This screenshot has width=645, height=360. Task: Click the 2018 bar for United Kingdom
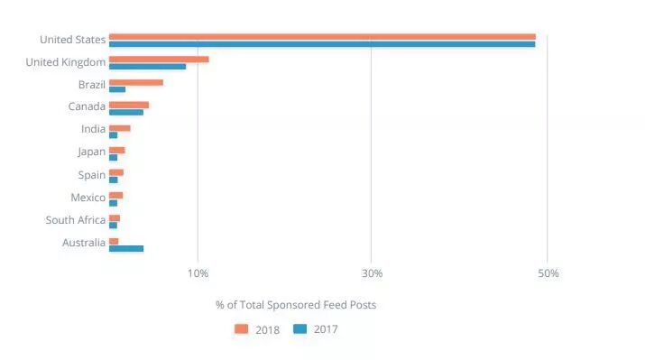click(x=159, y=60)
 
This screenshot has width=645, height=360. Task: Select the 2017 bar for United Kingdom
click(x=147, y=67)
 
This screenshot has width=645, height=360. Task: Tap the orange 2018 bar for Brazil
click(x=136, y=82)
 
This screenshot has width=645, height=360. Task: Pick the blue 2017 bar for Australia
click(x=126, y=248)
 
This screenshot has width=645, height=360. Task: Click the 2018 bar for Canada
click(x=129, y=105)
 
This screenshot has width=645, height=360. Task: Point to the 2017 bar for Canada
click(x=126, y=112)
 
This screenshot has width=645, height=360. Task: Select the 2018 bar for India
click(x=120, y=128)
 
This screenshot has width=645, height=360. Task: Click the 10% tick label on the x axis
click(x=198, y=273)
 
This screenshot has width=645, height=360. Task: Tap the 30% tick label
click(x=372, y=273)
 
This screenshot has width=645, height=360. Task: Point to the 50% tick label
click(x=548, y=273)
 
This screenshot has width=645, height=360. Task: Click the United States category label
click(x=72, y=40)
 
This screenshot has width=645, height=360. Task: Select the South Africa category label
click(x=75, y=220)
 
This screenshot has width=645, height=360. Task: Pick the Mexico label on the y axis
click(x=88, y=198)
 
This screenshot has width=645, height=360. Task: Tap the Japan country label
click(x=91, y=152)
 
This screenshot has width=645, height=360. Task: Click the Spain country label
click(x=91, y=175)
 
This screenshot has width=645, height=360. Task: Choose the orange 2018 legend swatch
click(x=241, y=329)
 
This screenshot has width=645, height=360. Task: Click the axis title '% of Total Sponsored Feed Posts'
click(x=296, y=305)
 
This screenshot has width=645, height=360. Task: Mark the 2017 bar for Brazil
click(x=117, y=89)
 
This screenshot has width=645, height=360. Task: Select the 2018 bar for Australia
click(x=114, y=241)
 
